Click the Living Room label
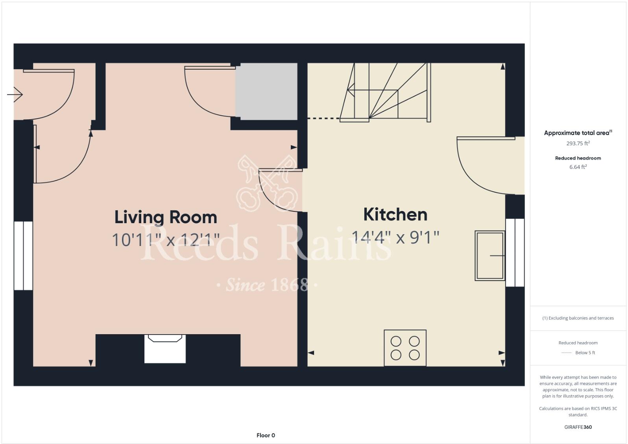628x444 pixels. click(x=166, y=217)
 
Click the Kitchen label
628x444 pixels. click(x=395, y=215)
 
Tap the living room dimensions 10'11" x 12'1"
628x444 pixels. click(x=166, y=240)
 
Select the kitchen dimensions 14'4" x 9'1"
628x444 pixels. click(x=395, y=237)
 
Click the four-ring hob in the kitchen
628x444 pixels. click(x=405, y=348)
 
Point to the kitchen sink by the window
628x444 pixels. click(x=489, y=255)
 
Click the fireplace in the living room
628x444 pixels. click(x=165, y=349)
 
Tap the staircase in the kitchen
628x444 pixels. click(x=388, y=92)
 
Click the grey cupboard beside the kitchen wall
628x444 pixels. click(x=266, y=91)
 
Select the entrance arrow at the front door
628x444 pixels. click(x=15, y=94)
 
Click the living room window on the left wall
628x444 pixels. click(x=23, y=256)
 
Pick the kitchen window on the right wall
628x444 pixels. click(x=515, y=252)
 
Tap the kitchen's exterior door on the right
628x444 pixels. click(x=484, y=165)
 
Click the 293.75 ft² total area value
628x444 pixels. click(x=578, y=143)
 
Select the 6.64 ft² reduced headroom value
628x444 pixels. click(x=578, y=167)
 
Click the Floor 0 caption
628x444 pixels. click(x=266, y=435)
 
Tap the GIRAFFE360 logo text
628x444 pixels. click(x=578, y=427)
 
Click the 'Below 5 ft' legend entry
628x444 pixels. click(x=585, y=353)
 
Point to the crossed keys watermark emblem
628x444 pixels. click(x=267, y=183)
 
